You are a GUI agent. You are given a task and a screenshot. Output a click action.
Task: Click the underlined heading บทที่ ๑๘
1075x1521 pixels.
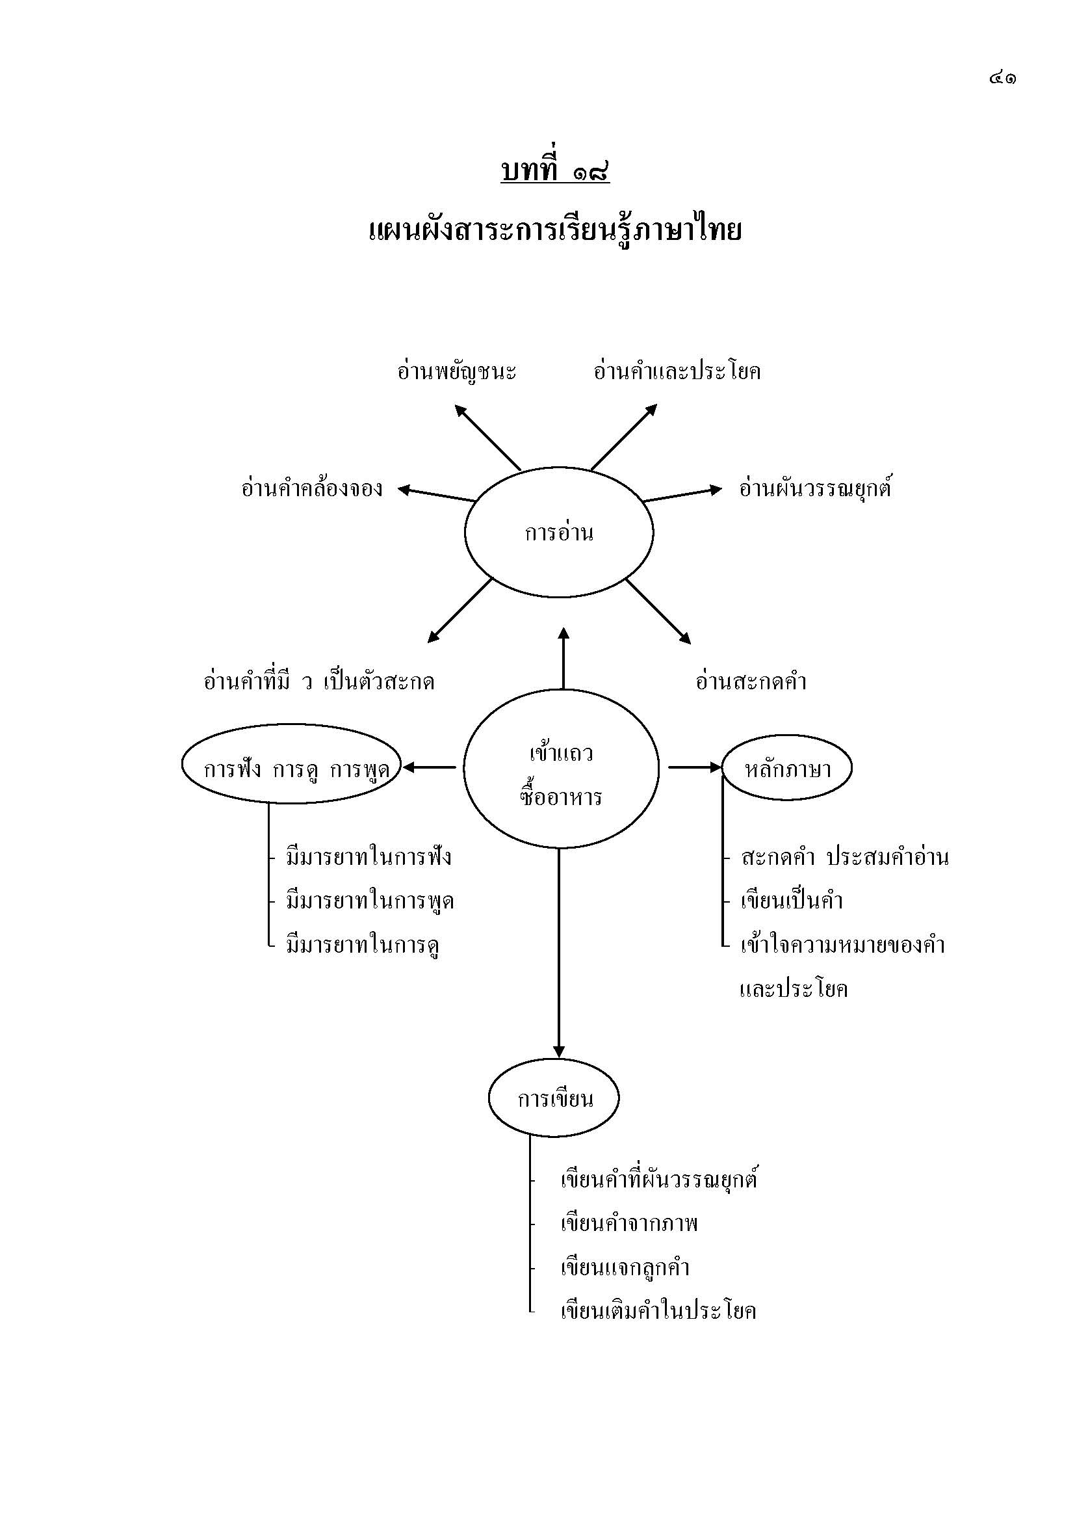coord(554,172)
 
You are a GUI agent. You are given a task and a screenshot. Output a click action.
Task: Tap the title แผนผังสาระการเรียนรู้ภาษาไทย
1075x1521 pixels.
coord(554,231)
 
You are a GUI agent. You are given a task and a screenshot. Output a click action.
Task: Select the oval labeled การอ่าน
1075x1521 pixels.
coord(559,533)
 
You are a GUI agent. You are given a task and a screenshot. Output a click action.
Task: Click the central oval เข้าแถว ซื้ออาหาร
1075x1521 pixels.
coord(561,769)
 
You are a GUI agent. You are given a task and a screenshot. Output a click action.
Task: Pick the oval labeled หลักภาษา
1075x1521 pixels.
coord(787,769)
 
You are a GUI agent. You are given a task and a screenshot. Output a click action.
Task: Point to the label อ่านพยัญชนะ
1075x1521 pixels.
coord(457,371)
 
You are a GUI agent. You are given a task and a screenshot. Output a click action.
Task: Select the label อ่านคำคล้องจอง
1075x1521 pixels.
coord(312,489)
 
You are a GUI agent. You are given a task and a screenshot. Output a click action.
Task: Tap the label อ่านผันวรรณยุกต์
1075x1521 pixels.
coord(816,489)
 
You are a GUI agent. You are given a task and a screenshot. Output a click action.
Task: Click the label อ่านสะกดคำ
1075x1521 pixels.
coord(751,681)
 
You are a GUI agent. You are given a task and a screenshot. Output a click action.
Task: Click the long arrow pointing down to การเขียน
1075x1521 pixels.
coord(559,954)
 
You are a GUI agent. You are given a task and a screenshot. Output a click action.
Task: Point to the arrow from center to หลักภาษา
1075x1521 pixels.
coord(693,767)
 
